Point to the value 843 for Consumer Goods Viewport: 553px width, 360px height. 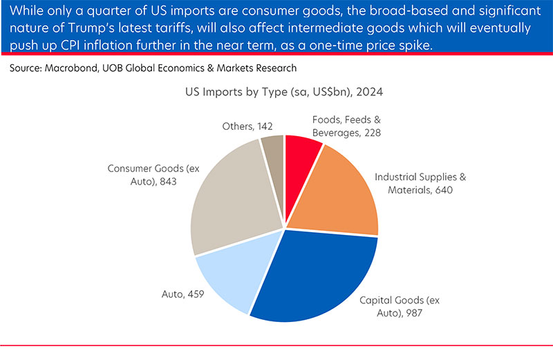click(160, 181)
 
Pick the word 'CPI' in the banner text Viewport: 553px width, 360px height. click(80, 45)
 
